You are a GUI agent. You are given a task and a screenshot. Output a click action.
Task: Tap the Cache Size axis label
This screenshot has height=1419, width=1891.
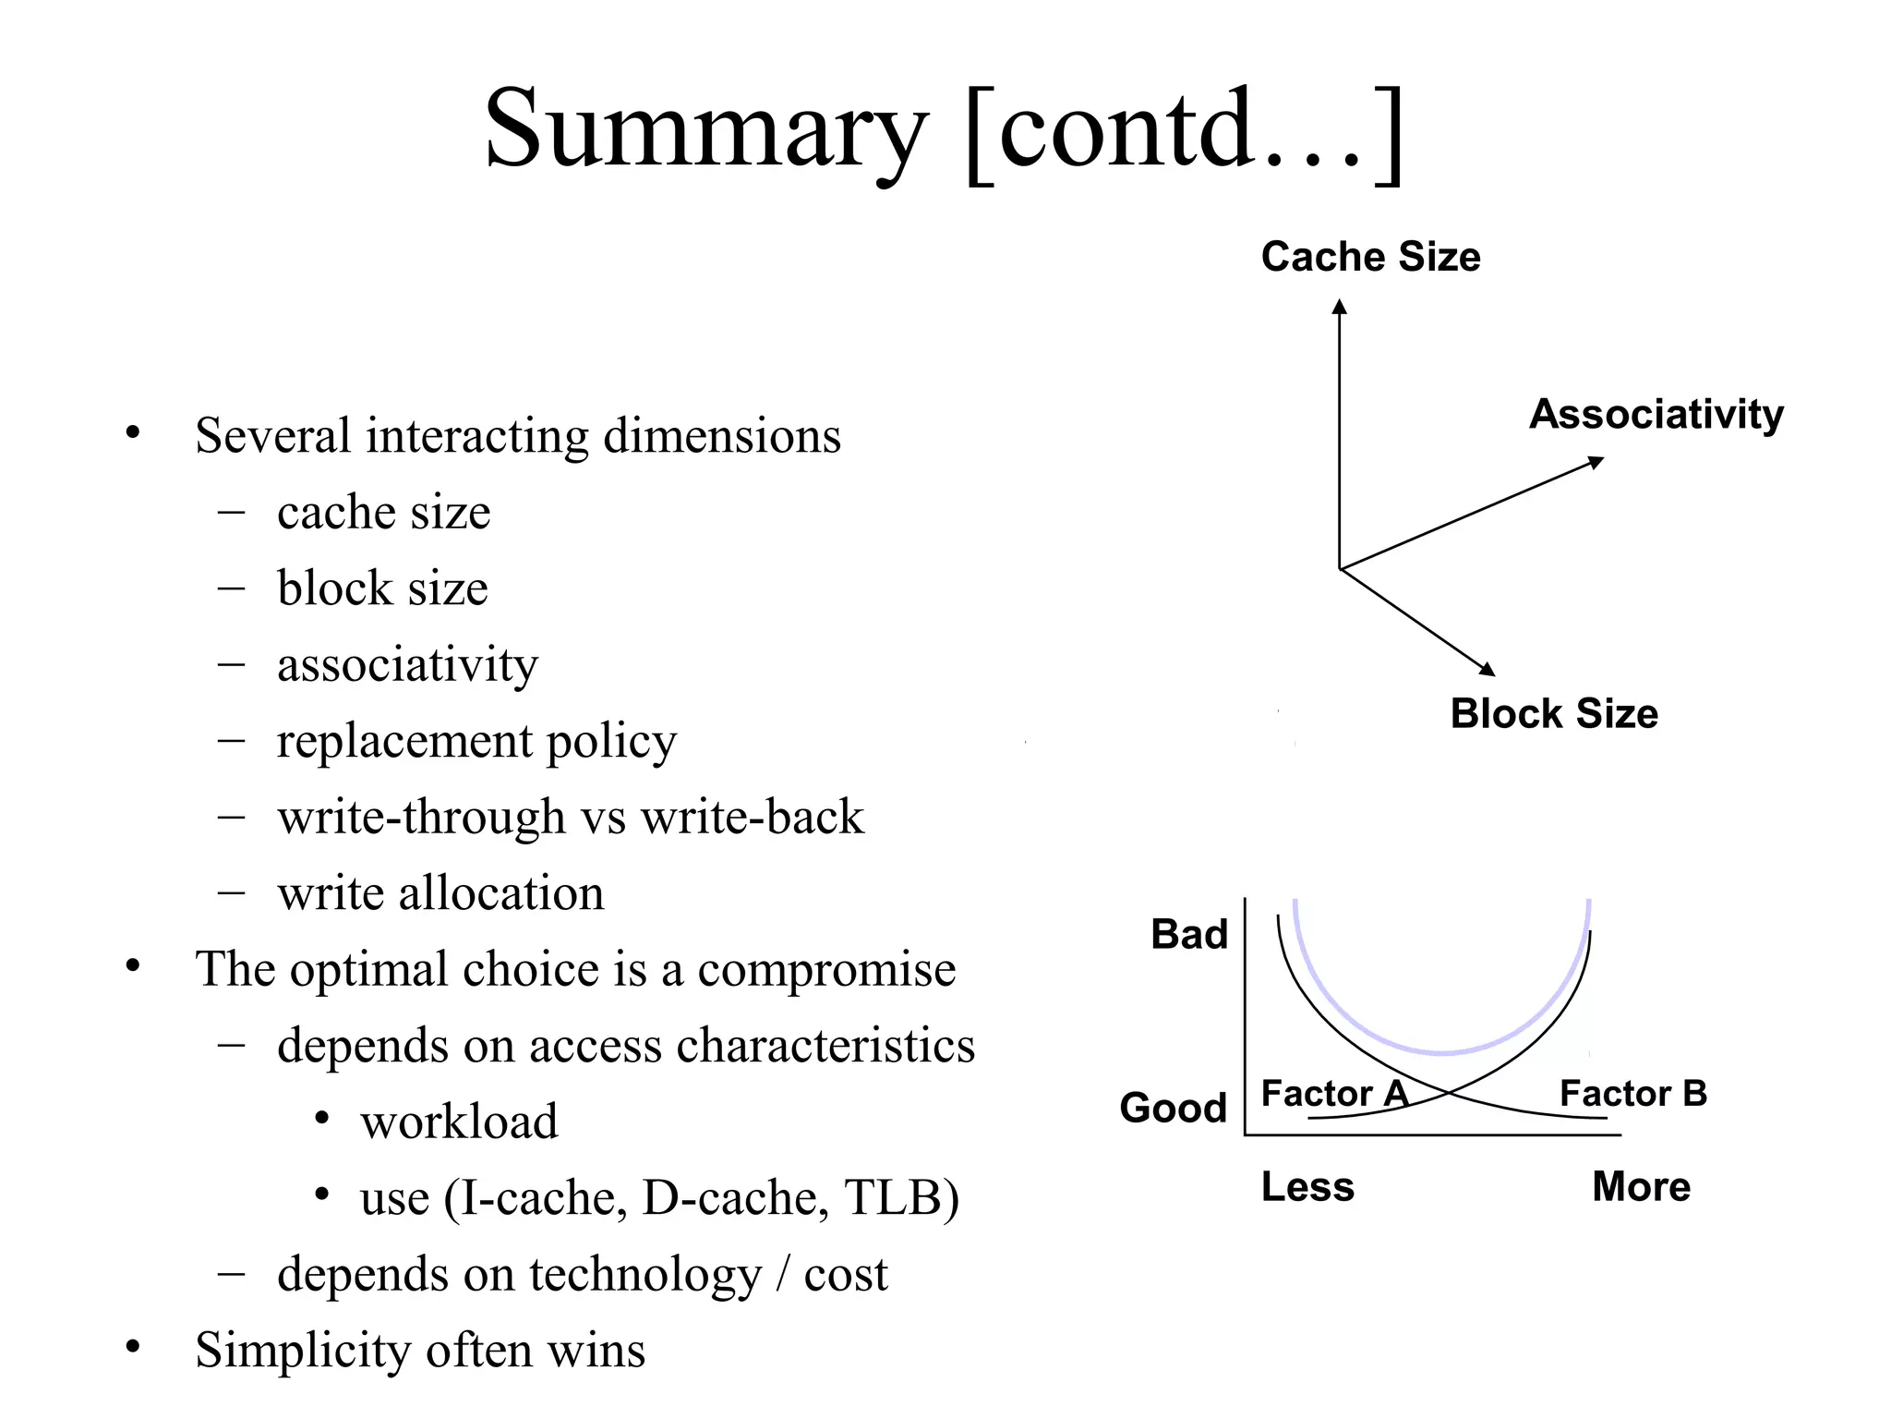1370,257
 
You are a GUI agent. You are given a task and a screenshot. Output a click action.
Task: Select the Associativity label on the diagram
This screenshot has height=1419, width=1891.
1656,414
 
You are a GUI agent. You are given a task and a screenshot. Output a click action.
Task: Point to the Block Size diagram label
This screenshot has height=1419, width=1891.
1554,714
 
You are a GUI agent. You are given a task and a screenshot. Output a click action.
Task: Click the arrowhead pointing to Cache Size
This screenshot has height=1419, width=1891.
1339,307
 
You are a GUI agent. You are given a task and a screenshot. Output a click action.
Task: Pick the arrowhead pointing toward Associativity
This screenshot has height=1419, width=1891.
1596,462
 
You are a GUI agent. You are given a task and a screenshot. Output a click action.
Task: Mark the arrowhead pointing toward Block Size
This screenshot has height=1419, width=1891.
1487,669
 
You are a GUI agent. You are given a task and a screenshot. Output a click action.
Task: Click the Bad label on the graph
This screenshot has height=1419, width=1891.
1189,935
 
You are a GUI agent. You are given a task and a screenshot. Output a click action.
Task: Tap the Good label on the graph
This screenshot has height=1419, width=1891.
1173,1108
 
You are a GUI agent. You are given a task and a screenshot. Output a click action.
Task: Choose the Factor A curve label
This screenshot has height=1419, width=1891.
1334,1094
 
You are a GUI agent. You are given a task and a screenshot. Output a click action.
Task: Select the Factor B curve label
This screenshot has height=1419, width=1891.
1632,1094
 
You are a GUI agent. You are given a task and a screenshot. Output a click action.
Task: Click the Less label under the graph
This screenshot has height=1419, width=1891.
1307,1187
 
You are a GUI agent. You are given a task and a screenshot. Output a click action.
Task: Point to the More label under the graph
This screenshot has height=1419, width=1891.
1641,1187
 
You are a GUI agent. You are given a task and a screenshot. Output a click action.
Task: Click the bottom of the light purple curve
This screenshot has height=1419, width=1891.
1441,1052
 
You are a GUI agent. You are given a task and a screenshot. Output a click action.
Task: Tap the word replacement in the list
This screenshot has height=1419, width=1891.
404,742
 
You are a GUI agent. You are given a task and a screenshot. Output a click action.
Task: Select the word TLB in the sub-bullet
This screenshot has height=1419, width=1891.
900,1198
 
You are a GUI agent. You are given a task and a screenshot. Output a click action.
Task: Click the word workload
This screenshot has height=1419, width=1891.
459,1122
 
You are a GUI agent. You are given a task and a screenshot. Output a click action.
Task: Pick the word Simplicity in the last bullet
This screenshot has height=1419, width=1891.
303,1351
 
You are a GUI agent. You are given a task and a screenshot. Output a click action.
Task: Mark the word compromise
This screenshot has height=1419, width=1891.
826,970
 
